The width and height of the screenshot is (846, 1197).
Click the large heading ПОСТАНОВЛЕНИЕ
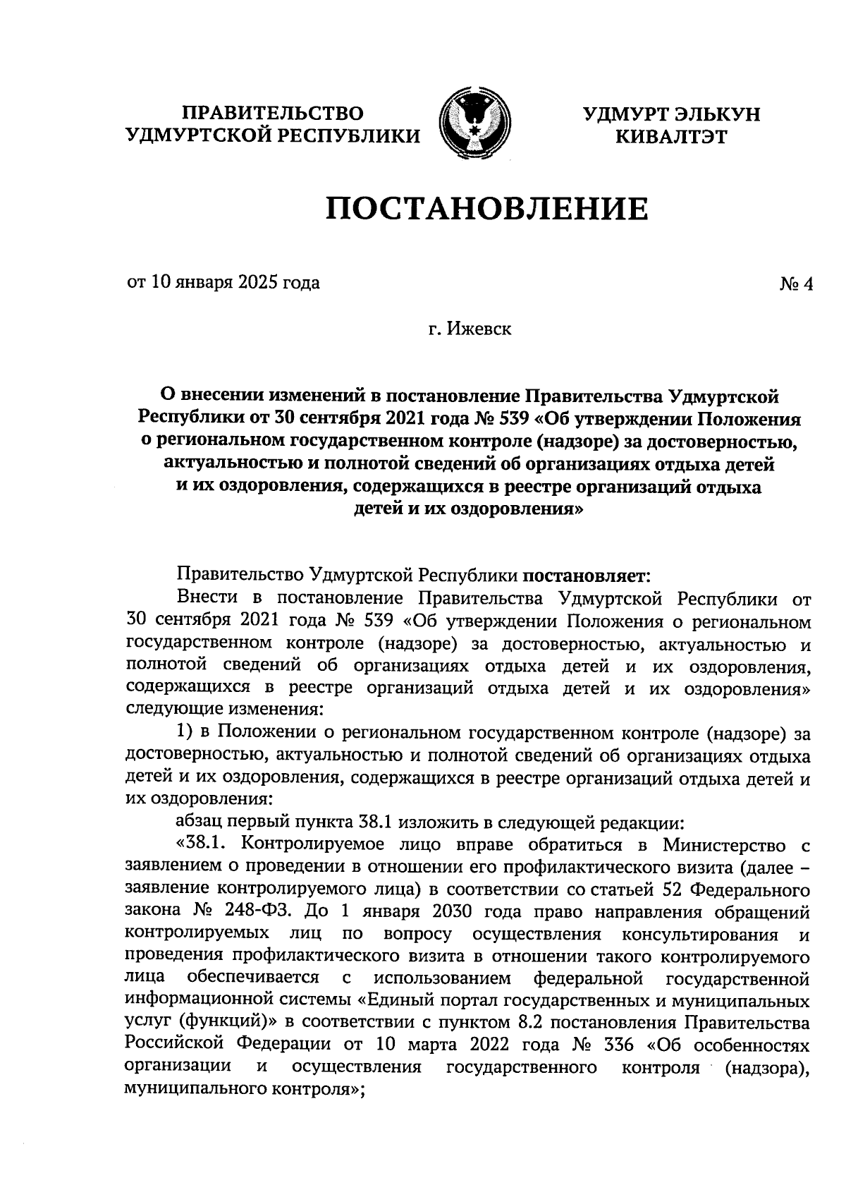point(486,209)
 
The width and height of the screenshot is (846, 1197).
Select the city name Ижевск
point(480,329)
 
